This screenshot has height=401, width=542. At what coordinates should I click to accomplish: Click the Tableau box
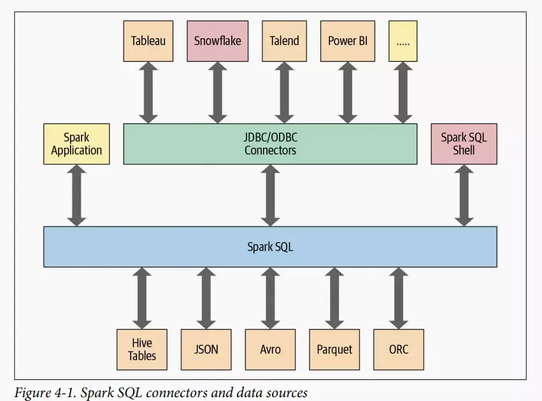click(148, 41)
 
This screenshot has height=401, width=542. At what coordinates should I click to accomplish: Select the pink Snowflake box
click(217, 41)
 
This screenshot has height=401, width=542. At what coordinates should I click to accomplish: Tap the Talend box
click(284, 41)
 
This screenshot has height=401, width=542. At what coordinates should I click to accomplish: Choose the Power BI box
click(348, 41)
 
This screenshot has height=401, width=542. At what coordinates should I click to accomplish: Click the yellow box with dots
click(403, 41)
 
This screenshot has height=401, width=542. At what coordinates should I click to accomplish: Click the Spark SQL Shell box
click(464, 144)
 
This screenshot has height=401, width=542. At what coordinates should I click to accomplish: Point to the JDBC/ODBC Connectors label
click(270, 144)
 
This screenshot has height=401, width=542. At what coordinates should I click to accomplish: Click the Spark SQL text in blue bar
click(270, 246)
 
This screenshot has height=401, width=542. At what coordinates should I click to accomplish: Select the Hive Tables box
click(142, 349)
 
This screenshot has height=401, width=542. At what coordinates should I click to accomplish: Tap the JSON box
click(206, 349)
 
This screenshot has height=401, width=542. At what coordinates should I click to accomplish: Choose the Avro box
click(270, 349)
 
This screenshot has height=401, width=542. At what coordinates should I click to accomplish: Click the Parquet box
click(334, 349)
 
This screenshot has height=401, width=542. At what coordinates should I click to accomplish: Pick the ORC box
click(398, 349)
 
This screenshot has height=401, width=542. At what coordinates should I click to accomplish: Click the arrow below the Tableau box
click(148, 92)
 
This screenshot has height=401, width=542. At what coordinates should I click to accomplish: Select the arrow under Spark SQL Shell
click(464, 195)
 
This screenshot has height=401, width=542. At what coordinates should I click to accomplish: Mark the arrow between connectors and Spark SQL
click(270, 195)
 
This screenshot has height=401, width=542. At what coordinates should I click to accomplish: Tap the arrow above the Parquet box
click(334, 298)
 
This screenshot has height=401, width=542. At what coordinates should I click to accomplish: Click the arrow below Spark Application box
click(76, 195)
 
